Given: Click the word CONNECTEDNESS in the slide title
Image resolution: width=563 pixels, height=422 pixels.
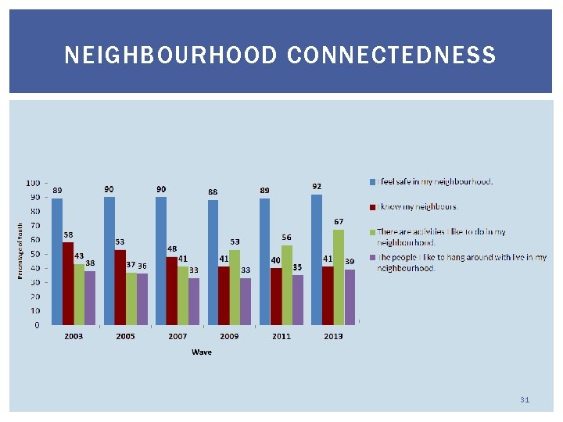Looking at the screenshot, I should coord(391,55).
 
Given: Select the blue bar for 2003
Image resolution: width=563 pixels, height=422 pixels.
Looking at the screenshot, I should coord(57,261).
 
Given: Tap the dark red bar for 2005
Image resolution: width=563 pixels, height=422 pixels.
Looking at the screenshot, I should coord(120,287).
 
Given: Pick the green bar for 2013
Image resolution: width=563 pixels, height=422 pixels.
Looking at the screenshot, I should coord(339,277).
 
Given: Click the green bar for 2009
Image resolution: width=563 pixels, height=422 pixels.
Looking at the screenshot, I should coord(235,287).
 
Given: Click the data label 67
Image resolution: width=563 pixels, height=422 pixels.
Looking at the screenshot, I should coord(339,222).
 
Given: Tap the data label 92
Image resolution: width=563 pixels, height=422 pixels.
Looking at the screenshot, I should coord(317,186).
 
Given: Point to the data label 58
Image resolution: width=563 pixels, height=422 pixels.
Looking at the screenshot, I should coord(69,234).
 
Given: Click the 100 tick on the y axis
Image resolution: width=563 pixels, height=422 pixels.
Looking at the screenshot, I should coord(34,183).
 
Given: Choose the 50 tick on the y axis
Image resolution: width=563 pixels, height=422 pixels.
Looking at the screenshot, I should coord(36,254).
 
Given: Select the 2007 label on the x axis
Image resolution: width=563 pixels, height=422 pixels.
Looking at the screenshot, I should coord(178,336).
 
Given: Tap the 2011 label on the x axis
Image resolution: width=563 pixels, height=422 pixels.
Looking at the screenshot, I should coord(281,336).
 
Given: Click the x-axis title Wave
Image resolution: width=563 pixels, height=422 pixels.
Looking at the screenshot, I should coord(202,352).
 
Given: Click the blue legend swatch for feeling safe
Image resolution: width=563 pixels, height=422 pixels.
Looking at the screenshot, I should coord(372,181).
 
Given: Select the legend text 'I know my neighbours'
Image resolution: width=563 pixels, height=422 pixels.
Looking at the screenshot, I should coord(418,207).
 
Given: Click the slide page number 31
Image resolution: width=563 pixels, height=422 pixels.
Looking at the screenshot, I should coord(525,400).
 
